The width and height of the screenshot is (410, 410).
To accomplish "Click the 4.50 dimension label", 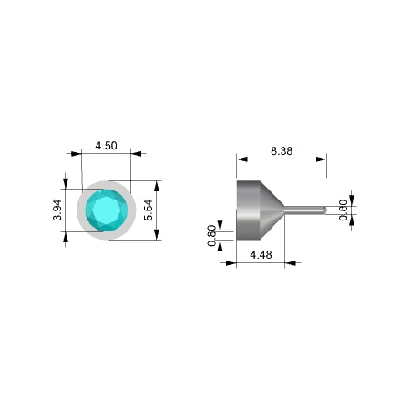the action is [x=106, y=146].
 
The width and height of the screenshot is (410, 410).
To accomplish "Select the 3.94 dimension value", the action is [x=57, y=210].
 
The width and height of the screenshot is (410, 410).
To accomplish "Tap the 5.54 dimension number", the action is [x=148, y=210].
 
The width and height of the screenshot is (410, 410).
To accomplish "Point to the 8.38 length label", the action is [x=282, y=151].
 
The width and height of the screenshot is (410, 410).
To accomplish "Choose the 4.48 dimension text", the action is [x=261, y=254].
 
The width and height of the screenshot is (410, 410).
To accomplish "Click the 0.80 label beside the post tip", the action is [x=343, y=210].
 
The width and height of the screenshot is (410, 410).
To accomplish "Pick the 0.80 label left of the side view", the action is [x=211, y=236].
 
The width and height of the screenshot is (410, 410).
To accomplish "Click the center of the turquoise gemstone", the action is [x=106, y=210].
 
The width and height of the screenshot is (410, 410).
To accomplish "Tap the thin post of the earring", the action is [x=303, y=210].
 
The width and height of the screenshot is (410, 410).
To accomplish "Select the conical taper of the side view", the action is [x=272, y=210].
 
